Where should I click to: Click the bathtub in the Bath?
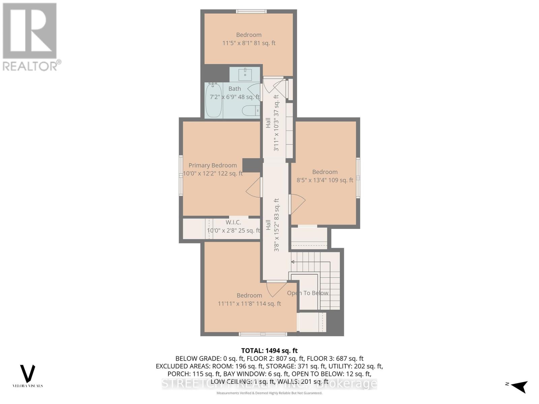pyautogui.click(x=214, y=100)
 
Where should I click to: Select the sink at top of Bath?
pyautogui.click(x=245, y=74)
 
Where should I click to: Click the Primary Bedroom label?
pyautogui.click(x=213, y=165)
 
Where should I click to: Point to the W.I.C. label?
pyautogui.click(x=233, y=223)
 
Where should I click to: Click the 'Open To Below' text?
pyautogui.click(x=308, y=293)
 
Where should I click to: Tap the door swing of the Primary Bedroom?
pyautogui.click(x=253, y=187)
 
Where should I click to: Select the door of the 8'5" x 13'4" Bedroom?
pyautogui.click(x=297, y=204)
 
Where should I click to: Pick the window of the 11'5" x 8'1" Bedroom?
pyautogui.click(x=251, y=11)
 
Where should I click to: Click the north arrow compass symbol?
pyautogui.click(x=519, y=386)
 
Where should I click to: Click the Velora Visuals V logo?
pyautogui.click(x=28, y=374)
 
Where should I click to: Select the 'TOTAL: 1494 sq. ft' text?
pyautogui.click(x=269, y=351)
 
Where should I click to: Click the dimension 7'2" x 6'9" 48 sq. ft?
pyautogui.click(x=235, y=97)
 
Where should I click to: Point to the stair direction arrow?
pyautogui.click(x=293, y=262)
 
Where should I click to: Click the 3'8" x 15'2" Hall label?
pyautogui.click(x=276, y=225)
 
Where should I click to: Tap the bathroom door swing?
pyautogui.click(x=254, y=90)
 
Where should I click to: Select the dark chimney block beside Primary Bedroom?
pyautogui.click(x=252, y=165)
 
